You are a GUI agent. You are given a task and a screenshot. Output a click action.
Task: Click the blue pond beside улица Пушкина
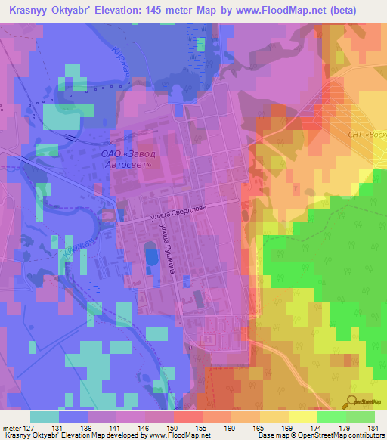pos(152,254)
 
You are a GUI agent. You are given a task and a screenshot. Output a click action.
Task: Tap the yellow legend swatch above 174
pos(303,417)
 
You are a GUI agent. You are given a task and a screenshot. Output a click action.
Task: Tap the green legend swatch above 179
pos(331,417)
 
